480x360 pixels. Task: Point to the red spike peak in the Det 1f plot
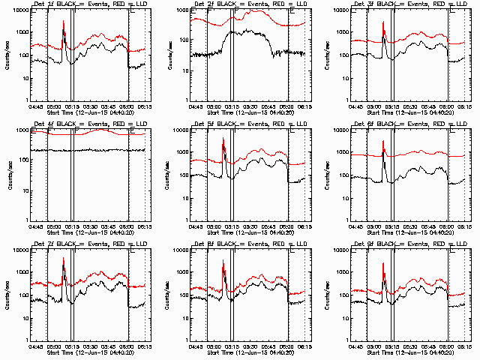63,22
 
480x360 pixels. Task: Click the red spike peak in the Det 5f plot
223,140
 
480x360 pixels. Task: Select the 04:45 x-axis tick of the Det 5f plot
196,225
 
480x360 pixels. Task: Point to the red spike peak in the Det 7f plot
63,259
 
